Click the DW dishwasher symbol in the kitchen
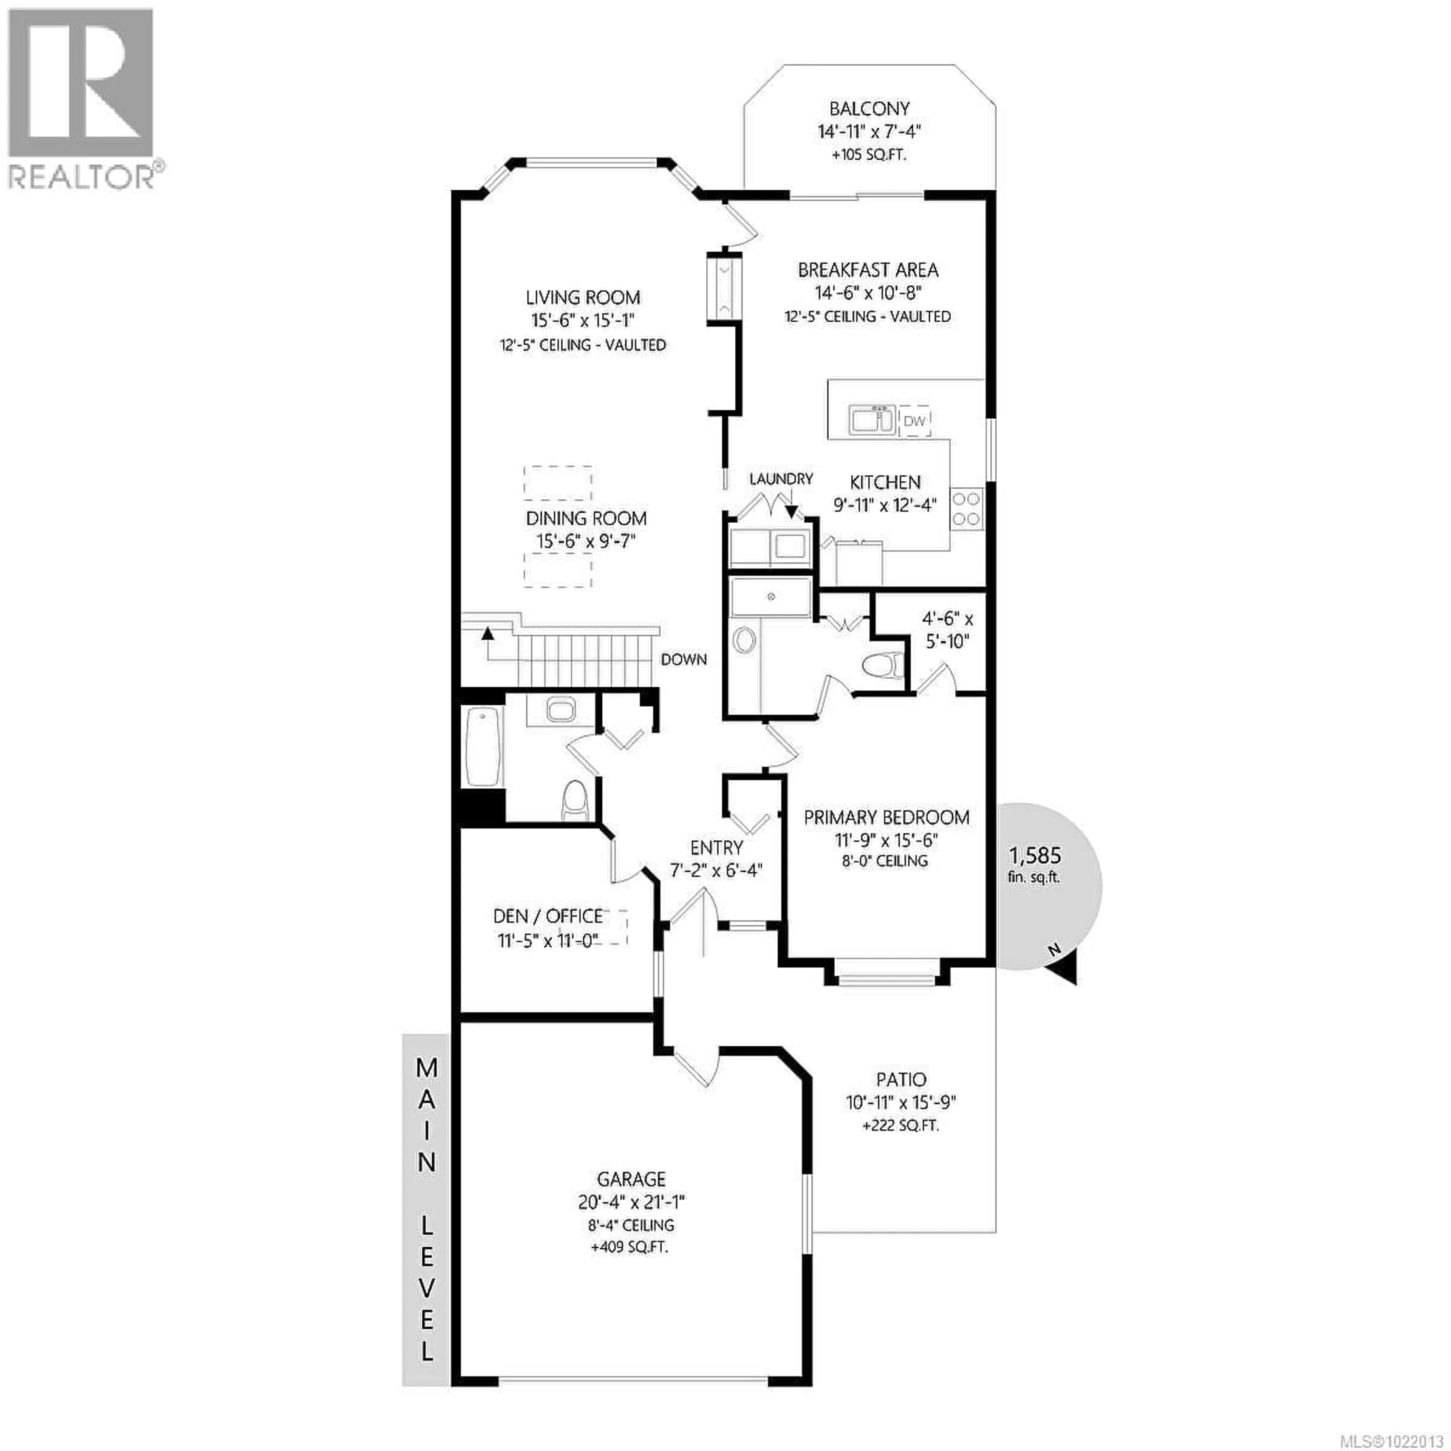tap(914, 421)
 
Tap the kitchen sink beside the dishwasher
tap(871, 420)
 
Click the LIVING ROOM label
tap(583, 297)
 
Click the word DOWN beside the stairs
tap(684, 659)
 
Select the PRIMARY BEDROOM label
tap(886, 817)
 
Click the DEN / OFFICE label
tap(548, 916)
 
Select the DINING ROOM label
tap(586, 518)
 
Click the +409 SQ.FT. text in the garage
tap(630, 1247)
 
